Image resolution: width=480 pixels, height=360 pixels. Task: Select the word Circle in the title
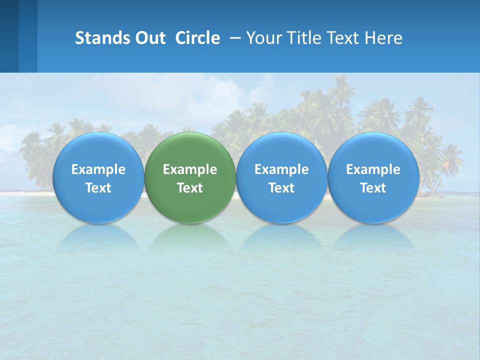click(197, 38)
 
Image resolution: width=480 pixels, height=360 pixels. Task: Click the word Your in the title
click(262, 38)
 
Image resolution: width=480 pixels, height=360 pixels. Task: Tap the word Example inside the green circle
click(190, 169)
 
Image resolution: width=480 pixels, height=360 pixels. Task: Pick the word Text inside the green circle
click(190, 188)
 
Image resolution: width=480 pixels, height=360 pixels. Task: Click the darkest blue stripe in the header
click(9, 36)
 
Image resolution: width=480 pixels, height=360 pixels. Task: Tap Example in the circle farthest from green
click(373, 169)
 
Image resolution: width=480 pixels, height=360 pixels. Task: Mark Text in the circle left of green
click(98, 188)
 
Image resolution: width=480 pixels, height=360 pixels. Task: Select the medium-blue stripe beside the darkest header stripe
click(28, 36)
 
